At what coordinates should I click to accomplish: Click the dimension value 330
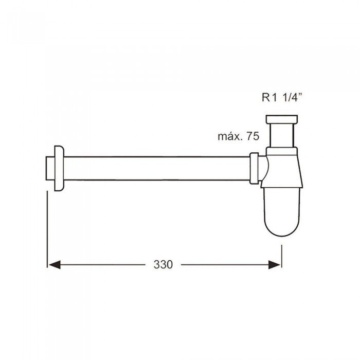[x=163, y=264]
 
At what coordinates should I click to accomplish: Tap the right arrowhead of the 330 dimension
[x=275, y=265]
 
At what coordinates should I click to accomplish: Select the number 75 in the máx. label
[x=253, y=136]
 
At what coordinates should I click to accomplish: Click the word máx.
[x=230, y=136]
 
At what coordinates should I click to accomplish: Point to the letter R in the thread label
[x=266, y=97]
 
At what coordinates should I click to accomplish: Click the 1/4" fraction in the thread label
[x=291, y=97]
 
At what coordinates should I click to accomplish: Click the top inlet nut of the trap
[x=282, y=119]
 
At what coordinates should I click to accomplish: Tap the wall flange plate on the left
[x=59, y=168]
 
